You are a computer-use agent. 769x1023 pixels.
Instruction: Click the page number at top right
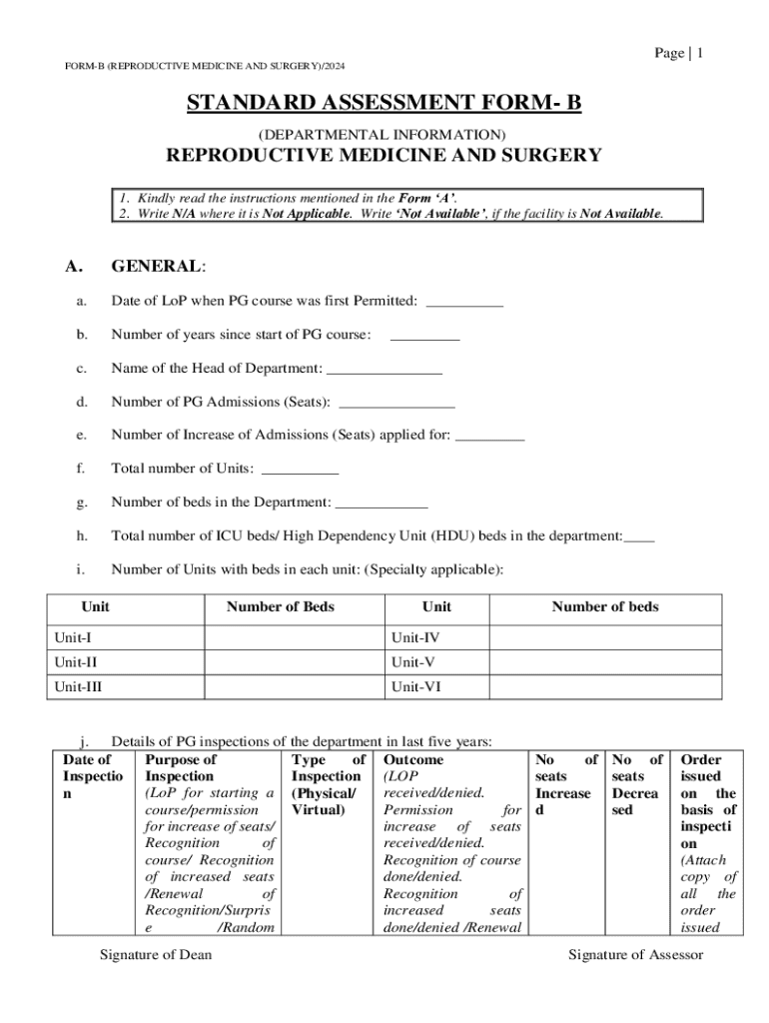click(679, 53)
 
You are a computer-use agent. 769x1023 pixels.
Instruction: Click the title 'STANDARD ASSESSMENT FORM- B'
click(384, 104)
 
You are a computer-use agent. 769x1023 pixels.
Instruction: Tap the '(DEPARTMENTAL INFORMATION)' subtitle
click(383, 134)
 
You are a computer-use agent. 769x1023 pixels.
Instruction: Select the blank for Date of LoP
click(464, 302)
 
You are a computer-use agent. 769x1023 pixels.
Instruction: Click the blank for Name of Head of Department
click(384, 369)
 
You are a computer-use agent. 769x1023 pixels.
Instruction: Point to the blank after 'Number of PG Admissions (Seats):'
click(397, 403)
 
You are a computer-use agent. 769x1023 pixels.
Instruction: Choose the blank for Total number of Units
click(300, 469)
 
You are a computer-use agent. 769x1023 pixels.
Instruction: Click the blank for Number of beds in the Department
click(382, 502)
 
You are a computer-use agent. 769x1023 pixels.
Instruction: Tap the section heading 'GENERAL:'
click(159, 267)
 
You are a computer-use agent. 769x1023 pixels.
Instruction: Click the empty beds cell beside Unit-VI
click(605, 687)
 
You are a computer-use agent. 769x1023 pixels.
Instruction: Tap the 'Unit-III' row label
click(78, 687)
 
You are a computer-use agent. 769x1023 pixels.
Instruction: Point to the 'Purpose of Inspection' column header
click(182, 767)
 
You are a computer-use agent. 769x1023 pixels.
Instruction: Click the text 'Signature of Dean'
click(156, 955)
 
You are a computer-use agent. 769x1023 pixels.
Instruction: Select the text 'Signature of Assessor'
click(636, 955)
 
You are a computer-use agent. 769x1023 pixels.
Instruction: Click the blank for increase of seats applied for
click(489, 436)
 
